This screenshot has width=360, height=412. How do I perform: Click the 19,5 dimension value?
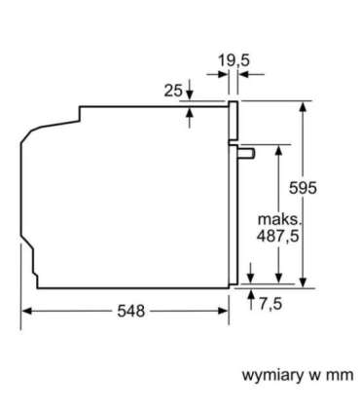(234, 61)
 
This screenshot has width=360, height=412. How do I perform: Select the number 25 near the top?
(173, 91)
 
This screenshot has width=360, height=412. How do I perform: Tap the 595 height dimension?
(303, 188)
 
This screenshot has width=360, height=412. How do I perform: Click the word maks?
(279, 219)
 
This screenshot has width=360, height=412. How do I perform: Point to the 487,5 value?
(277, 236)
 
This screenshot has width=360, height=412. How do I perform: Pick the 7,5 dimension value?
(270, 304)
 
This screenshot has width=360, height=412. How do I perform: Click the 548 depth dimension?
(131, 312)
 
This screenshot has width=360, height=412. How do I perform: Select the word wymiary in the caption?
(272, 376)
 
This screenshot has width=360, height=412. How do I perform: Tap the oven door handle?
(246, 153)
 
